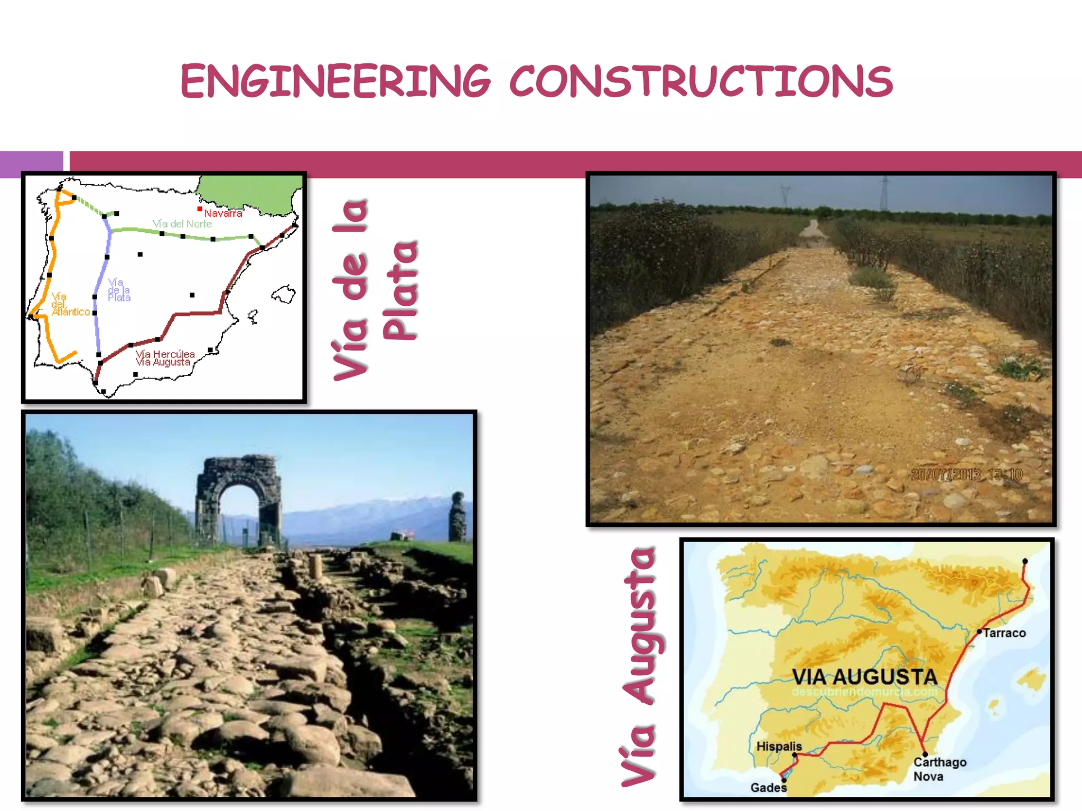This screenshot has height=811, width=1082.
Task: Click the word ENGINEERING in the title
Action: click(335, 81)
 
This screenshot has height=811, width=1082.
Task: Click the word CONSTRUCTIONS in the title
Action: click(701, 81)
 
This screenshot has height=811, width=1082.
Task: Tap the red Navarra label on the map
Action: click(223, 213)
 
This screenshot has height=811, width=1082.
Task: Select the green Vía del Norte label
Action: click(182, 224)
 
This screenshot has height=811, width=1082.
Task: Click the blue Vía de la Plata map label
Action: click(119, 290)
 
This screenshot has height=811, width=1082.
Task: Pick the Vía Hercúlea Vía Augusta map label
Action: click(165, 358)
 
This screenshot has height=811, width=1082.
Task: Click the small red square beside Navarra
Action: click(200, 209)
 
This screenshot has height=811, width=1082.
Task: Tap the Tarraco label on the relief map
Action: click(1004, 633)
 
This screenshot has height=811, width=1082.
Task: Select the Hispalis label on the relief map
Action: click(779, 746)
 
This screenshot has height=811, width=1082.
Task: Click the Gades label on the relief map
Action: click(768, 788)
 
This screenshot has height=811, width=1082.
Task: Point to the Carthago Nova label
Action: click(939, 769)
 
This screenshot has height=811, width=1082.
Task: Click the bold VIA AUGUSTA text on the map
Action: click(864, 677)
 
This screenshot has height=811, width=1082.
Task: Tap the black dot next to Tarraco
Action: click(979, 631)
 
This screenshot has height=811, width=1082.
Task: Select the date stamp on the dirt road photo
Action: click(967, 474)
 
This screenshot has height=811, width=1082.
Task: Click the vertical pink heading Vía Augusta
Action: click(640, 666)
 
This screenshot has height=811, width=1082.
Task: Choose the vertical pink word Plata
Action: click(400, 290)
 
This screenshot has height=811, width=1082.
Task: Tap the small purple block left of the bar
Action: click(31, 164)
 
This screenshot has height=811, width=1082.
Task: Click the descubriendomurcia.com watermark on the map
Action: click(864, 692)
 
